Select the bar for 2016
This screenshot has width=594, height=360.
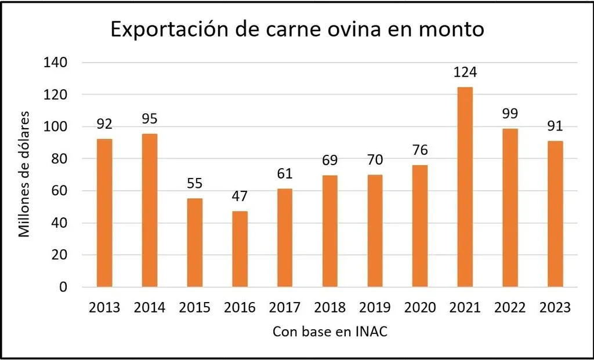pos(240,249)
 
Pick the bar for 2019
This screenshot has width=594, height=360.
pos(375,231)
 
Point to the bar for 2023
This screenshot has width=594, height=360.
pos(555,214)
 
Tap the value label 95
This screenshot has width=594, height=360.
pos(149,119)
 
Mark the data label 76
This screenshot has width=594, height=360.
pos(419,150)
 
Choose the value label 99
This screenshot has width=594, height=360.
pos(510,114)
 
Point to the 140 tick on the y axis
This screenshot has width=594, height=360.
pos(57,62)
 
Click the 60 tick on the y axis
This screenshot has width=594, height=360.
pos(61,191)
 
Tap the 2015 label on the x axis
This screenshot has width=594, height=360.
pos(194,307)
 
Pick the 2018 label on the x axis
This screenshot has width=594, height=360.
pos(329,307)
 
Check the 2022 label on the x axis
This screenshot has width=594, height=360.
pos(510,307)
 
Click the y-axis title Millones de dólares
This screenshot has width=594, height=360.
pos(24,173)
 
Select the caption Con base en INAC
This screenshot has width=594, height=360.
pos(329,333)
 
